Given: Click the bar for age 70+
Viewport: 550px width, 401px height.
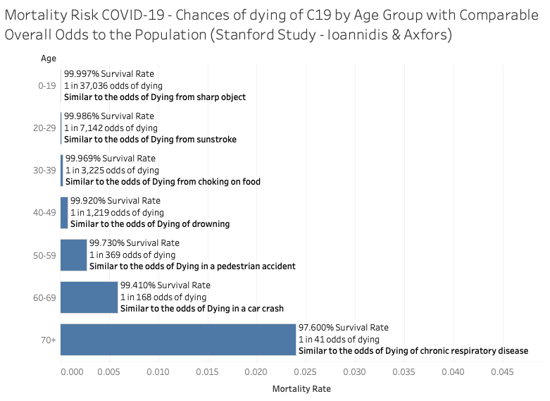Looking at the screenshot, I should (177, 340).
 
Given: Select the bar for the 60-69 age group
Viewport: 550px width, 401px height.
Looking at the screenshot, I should (89, 297).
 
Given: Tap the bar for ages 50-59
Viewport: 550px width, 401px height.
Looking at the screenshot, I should (73, 254).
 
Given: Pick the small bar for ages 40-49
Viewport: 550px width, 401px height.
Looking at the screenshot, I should (64, 212).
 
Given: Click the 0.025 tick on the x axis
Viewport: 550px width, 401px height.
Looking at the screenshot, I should (306, 371).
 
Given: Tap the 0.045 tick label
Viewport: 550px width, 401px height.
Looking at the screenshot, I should (502, 371).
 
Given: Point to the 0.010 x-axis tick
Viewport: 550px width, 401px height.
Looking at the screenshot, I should (158, 371).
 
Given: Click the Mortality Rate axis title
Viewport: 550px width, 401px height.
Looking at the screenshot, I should (301, 388).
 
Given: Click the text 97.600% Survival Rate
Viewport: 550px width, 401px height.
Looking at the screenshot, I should (343, 328).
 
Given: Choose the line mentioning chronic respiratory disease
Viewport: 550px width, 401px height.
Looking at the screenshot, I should (413, 350).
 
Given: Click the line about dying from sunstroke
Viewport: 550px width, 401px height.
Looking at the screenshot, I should (150, 139).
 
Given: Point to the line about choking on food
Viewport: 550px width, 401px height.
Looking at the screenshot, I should (163, 181).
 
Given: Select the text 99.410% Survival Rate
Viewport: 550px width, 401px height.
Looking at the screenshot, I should (165, 285).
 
